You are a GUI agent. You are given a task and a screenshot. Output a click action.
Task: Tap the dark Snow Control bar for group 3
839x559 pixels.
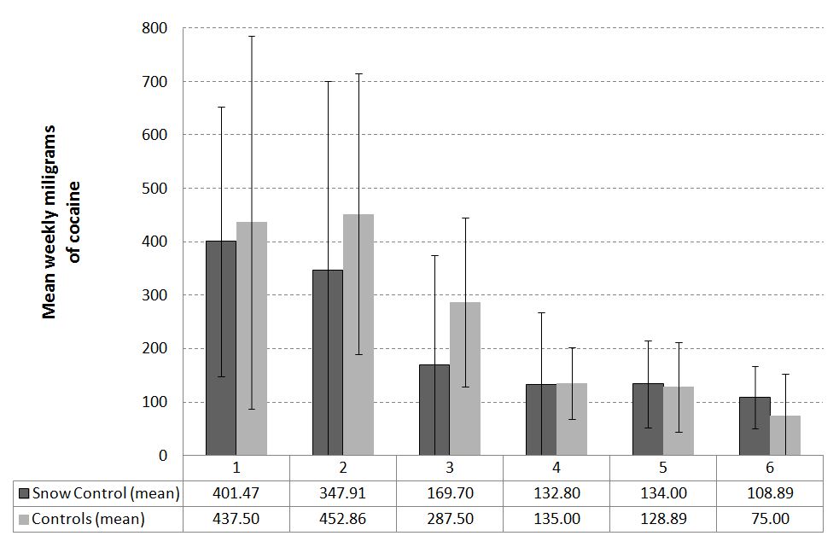pyautogui.click(x=434, y=410)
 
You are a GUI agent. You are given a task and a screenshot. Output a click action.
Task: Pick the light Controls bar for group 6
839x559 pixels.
pyautogui.click(x=785, y=435)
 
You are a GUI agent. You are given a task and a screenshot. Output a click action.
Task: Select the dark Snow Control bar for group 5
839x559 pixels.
pyautogui.click(x=648, y=419)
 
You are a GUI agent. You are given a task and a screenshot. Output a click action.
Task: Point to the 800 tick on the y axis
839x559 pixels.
pyautogui.click(x=156, y=28)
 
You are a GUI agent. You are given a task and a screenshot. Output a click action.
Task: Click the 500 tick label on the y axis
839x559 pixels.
pyautogui.click(x=156, y=189)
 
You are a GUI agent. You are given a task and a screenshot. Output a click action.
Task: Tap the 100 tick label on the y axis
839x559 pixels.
pyautogui.click(x=156, y=402)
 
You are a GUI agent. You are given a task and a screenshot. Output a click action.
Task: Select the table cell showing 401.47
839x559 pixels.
pyautogui.click(x=236, y=493)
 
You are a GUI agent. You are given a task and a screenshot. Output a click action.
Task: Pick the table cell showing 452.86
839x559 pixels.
pyautogui.click(x=342, y=518)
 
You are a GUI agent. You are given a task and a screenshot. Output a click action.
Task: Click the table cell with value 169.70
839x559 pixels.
pyautogui.click(x=449, y=493)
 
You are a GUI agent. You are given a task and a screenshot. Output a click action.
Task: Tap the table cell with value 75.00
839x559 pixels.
pyautogui.click(x=770, y=518)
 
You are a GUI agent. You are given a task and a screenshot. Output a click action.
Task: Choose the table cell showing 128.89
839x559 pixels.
pyautogui.click(x=663, y=518)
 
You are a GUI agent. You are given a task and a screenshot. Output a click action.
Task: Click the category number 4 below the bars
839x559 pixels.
pyautogui.click(x=556, y=468)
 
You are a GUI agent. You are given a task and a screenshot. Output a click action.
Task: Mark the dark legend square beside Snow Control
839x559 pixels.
pyautogui.click(x=24, y=493)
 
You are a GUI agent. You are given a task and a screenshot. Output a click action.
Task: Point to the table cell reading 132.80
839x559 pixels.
pyautogui.click(x=556, y=493)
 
